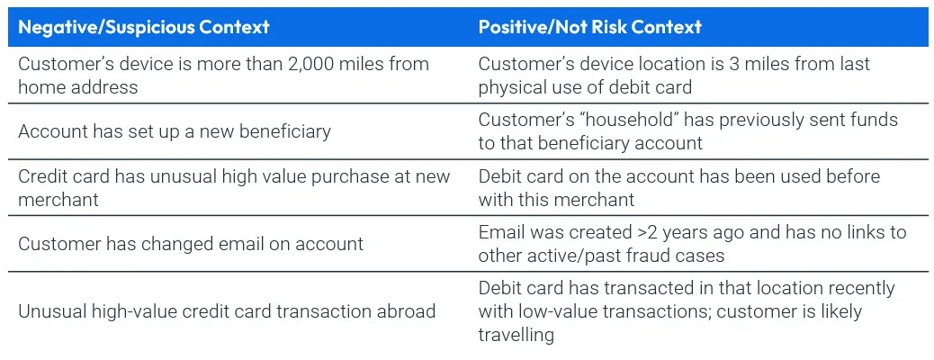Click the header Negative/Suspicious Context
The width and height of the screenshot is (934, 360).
144,27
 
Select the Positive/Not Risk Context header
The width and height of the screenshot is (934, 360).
589,27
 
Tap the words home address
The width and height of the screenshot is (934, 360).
78,87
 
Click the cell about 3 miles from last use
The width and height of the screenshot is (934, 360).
674,76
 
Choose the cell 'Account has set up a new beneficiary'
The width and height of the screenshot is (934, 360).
175,131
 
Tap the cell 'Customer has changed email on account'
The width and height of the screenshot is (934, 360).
191,243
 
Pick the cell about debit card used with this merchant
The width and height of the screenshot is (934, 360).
679,187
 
